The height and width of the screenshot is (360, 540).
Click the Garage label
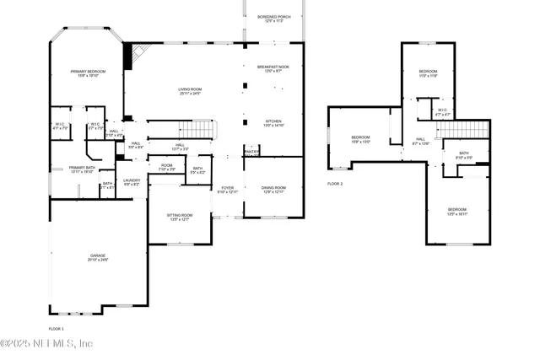[99, 257]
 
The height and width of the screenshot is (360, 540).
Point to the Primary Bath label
[82, 169]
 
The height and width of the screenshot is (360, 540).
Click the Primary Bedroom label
[86, 74]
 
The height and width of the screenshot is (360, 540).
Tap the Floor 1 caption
[56, 327]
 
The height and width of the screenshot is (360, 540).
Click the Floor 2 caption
[336, 183]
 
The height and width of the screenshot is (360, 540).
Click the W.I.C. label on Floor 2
[442, 111]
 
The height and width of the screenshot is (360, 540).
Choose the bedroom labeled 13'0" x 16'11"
[456, 211]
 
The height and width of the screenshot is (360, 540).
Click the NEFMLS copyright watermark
[50, 343]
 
